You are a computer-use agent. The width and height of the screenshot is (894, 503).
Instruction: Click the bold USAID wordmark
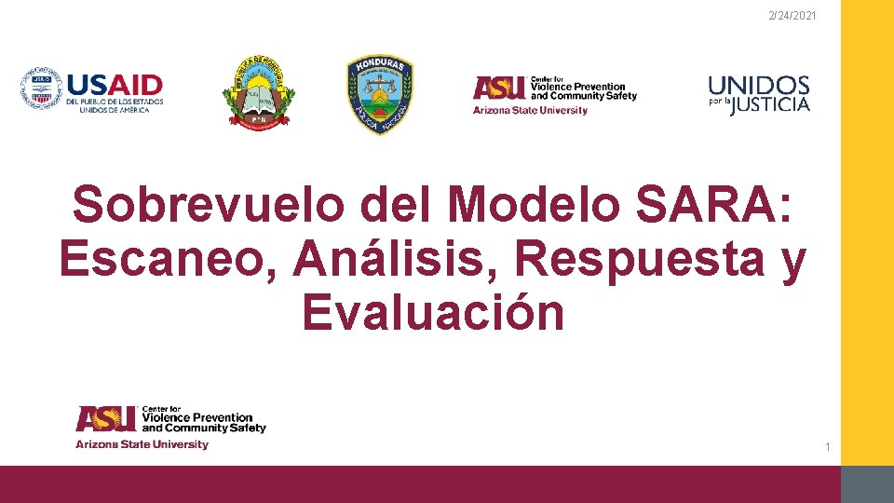[x=115, y=85]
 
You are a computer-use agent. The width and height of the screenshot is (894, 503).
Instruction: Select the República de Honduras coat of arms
[x=258, y=91]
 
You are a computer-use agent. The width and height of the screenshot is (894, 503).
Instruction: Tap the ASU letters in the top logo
[x=498, y=88]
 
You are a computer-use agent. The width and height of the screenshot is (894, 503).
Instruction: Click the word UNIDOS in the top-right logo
[x=759, y=85]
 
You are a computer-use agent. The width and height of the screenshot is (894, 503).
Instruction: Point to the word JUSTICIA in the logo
[x=770, y=104]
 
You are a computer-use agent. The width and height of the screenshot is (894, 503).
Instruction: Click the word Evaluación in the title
[x=433, y=313]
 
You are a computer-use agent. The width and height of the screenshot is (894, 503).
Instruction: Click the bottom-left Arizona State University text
[x=142, y=444]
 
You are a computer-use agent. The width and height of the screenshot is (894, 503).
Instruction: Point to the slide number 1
[x=827, y=449]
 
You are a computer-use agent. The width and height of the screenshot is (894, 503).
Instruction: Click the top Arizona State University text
[x=530, y=110]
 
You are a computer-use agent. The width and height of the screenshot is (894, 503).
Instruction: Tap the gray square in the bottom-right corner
[x=867, y=484]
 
